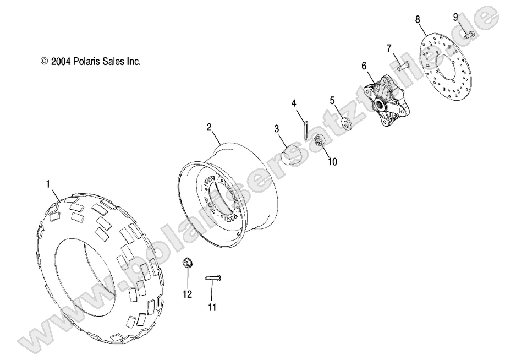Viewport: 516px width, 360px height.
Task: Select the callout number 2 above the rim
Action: [194, 127]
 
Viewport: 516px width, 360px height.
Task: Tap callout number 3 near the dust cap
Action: [277, 129]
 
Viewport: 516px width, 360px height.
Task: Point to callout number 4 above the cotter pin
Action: [294, 103]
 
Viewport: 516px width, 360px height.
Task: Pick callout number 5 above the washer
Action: [332, 100]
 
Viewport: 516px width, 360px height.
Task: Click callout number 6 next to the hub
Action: [364, 66]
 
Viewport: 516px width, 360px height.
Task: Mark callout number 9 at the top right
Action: [455, 17]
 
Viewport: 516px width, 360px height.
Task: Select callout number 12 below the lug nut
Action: [187, 294]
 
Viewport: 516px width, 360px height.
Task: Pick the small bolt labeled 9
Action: [469, 35]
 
